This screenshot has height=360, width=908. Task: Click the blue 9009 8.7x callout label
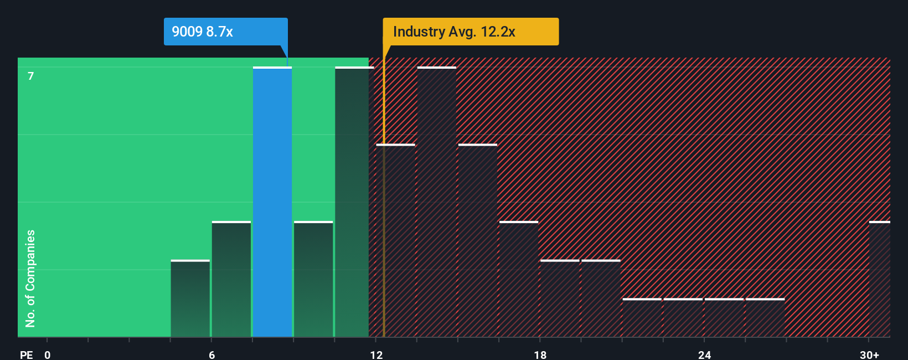[225, 32]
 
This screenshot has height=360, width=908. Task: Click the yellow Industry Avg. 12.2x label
[471, 32]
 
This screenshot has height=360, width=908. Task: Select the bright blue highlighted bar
[272, 202]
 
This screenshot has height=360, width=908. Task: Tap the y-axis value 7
[31, 76]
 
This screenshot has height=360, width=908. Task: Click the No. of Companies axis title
[30, 278]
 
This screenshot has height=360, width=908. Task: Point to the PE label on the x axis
[26, 354]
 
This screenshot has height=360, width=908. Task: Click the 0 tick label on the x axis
[48, 354]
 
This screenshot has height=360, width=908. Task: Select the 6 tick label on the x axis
[211, 354]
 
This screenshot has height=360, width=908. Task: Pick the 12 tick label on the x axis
[376, 354]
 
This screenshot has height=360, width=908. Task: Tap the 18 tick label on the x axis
[540, 354]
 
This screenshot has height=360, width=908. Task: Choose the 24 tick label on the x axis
[704, 354]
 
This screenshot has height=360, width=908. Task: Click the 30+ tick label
[869, 354]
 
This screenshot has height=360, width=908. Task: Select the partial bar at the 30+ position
[879, 280]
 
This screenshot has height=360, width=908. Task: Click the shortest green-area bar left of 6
[190, 299]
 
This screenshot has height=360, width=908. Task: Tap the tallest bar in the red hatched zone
[437, 202]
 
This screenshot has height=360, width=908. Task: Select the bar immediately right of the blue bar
[313, 280]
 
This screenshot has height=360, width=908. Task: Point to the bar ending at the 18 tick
[519, 280]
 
